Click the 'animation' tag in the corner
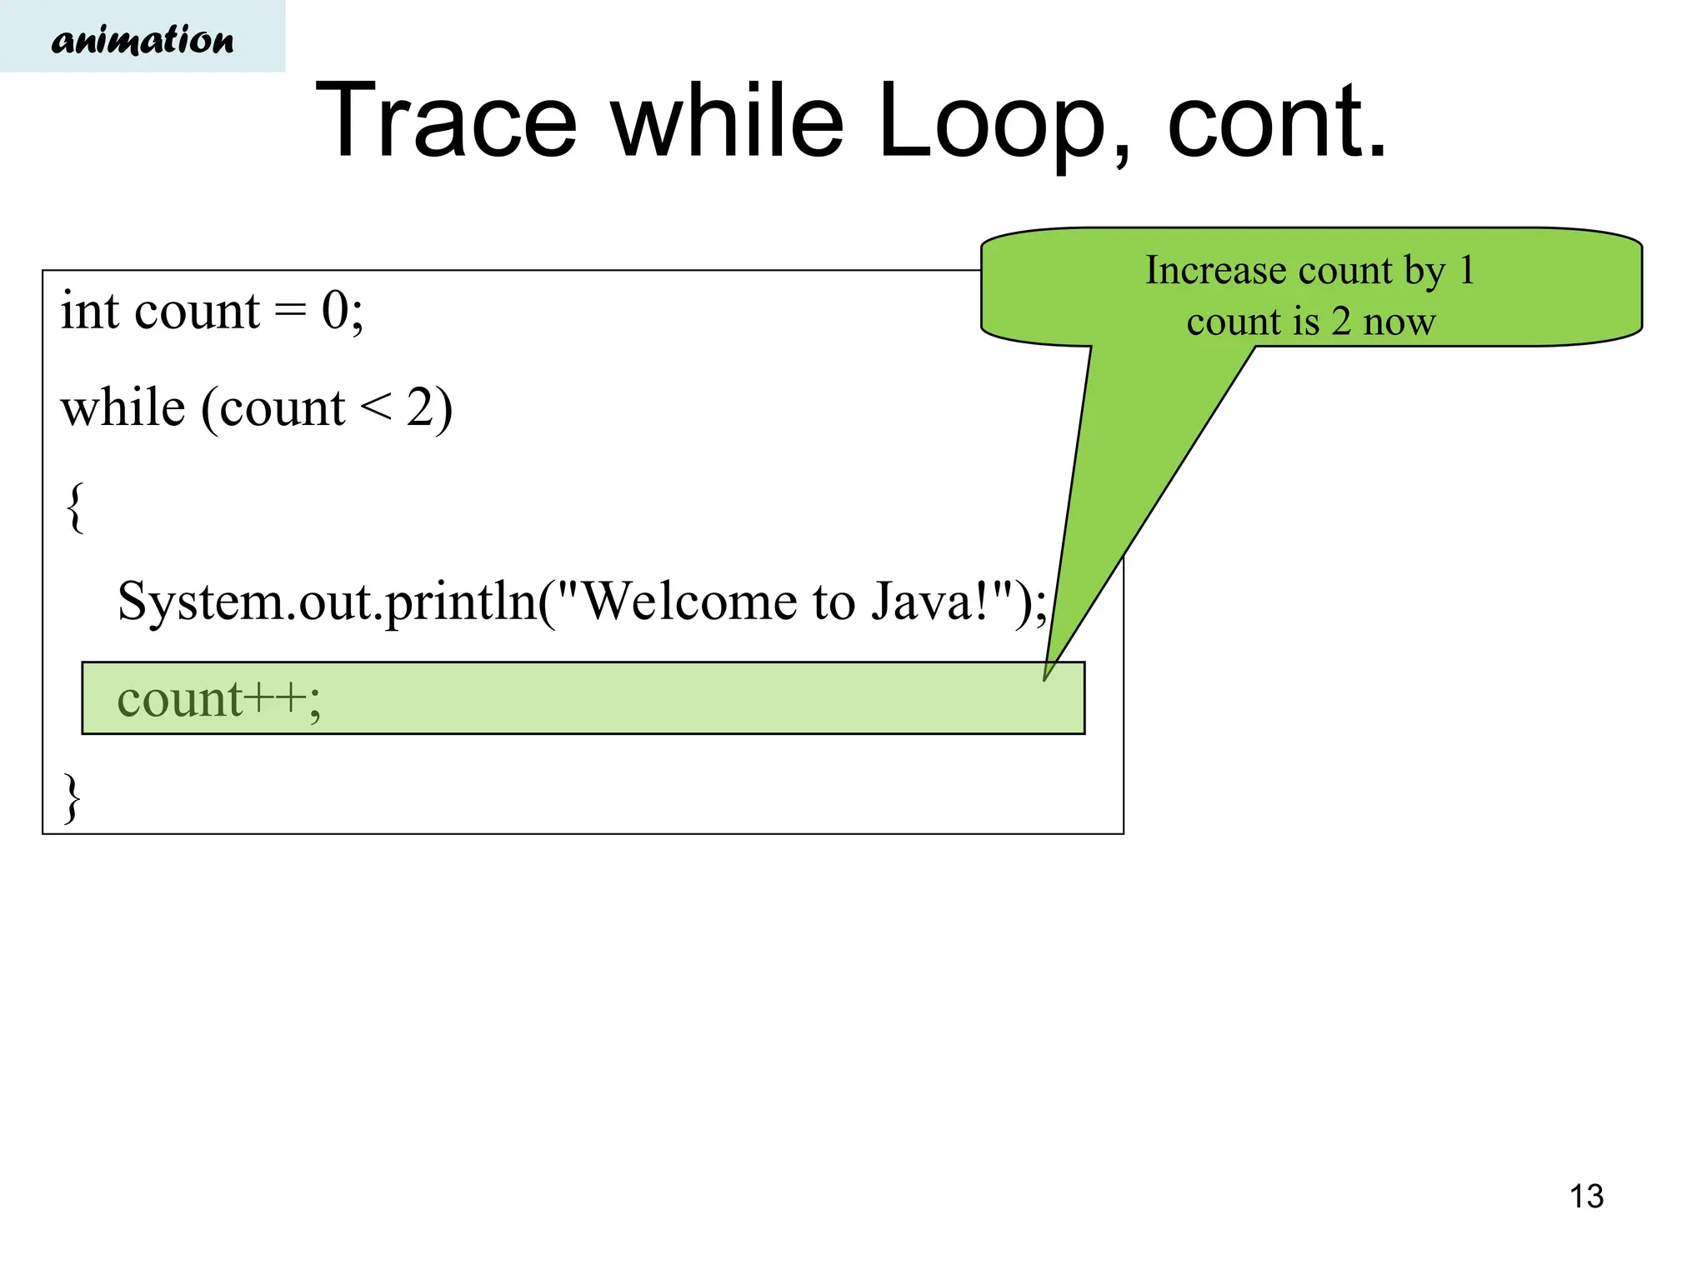tap(143, 39)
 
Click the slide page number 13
tap(1586, 1197)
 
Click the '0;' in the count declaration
tap(343, 311)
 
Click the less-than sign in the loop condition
tap(375, 408)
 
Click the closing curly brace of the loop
tap(73, 797)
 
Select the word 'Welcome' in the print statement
tap(688, 602)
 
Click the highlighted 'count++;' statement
tap(218, 698)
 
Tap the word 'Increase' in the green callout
tap(1215, 270)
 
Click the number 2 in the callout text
tap(1340, 322)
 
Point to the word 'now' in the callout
tap(1399, 322)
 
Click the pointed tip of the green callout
tap(1045, 678)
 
